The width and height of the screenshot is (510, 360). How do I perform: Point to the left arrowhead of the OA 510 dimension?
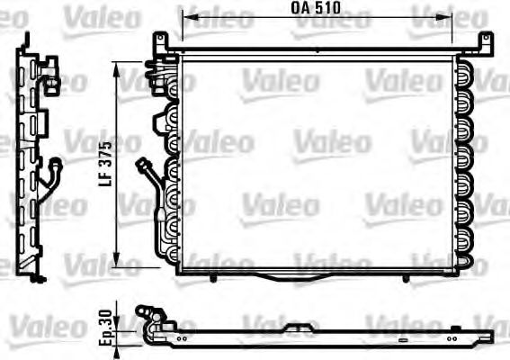point(184,15)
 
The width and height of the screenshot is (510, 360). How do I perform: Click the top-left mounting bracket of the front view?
point(161,40)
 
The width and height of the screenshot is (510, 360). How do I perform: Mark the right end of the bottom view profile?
point(490,337)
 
